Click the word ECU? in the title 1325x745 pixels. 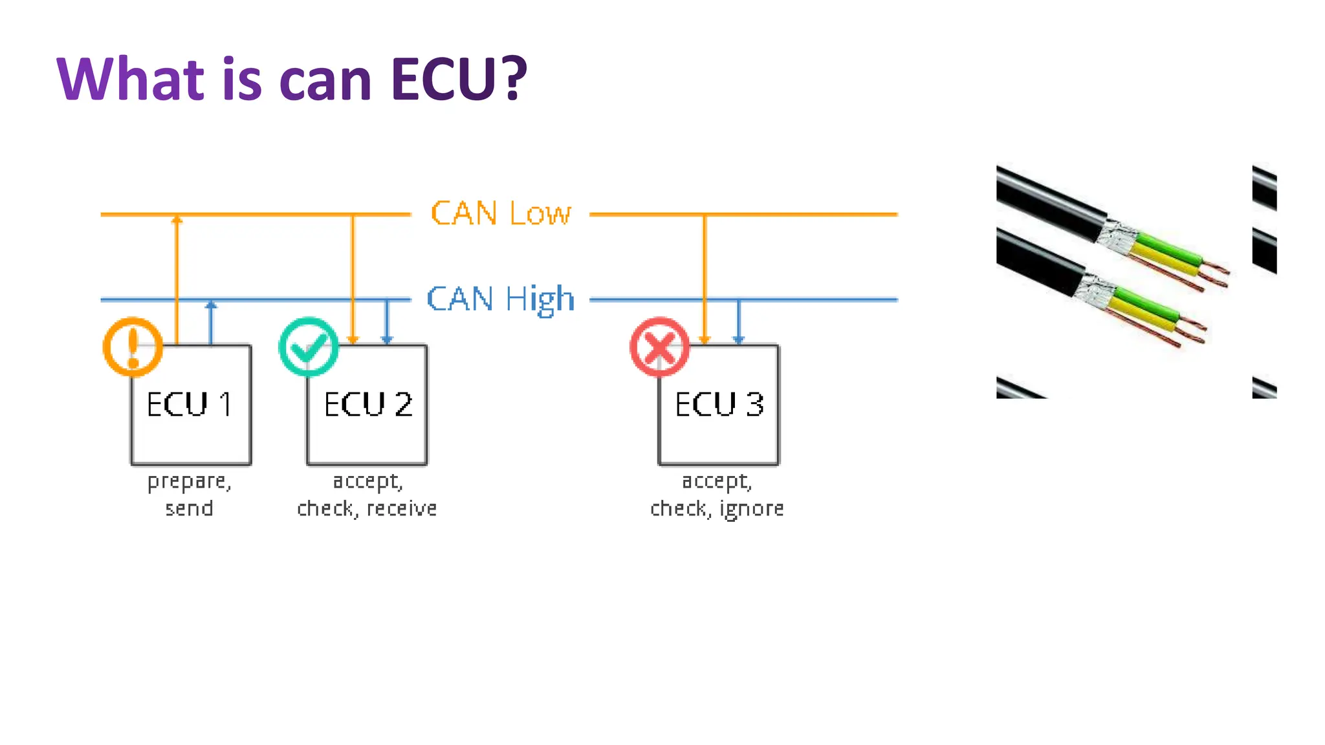[459, 80]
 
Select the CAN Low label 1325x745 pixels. [501, 213]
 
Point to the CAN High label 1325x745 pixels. [501, 299]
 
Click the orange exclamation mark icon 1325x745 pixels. [133, 347]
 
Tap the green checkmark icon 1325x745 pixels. [309, 347]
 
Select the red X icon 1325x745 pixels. [659, 347]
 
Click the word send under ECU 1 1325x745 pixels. [189, 508]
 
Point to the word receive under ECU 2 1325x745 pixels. [402, 508]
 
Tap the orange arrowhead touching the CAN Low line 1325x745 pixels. [177, 220]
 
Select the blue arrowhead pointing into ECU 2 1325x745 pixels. [387, 340]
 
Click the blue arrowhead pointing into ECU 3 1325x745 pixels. [738, 340]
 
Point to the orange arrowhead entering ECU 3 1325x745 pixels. [705, 340]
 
